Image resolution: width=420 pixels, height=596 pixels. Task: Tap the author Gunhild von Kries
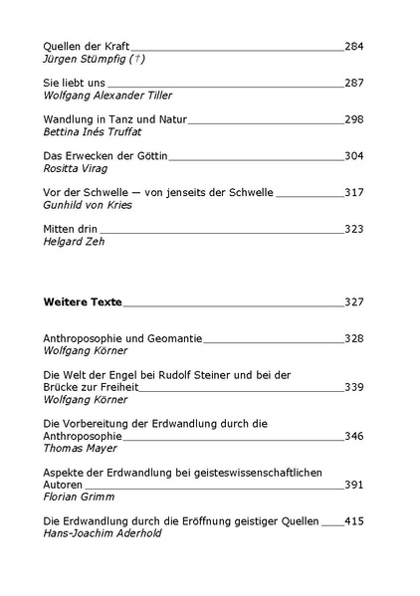(x=89, y=205)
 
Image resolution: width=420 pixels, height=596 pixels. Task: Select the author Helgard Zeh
(x=75, y=242)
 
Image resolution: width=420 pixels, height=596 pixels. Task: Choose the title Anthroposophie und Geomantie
(x=123, y=338)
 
